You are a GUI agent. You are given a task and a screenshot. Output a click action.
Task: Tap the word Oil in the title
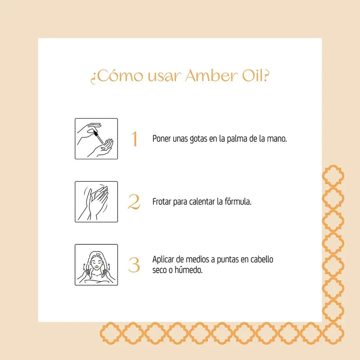(x=252, y=76)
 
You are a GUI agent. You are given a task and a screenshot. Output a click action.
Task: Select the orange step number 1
(x=134, y=139)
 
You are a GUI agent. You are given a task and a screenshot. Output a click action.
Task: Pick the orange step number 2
(x=134, y=202)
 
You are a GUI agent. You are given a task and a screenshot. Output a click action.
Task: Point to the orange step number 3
(x=134, y=265)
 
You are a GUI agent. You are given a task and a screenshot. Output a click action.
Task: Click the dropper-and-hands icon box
(x=96, y=139)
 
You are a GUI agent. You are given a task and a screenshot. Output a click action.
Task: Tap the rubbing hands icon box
(x=96, y=202)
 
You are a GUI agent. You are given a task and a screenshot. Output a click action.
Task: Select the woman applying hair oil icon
(x=96, y=265)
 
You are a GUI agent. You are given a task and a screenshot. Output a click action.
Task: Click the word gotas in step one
(x=197, y=139)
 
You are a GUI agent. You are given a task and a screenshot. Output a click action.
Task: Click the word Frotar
(x=162, y=201)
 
